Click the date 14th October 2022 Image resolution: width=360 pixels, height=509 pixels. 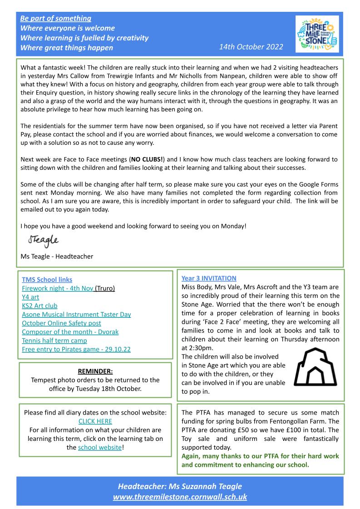[251, 47]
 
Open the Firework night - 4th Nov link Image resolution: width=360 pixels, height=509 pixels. [58, 288]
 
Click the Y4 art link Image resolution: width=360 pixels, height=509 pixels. [30, 297]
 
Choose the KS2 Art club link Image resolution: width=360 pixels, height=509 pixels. [39, 306]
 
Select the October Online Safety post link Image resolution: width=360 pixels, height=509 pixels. [61, 323]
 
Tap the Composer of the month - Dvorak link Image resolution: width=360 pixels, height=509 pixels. [70, 331]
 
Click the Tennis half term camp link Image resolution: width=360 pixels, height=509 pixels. [54, 340]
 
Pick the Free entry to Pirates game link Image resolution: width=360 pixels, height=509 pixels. [77, 349]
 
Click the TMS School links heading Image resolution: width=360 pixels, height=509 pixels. [47, 280]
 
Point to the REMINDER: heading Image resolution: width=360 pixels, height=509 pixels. [95, 371]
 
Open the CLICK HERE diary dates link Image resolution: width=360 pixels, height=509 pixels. [95, 421]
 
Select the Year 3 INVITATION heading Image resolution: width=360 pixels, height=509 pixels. [209, 278]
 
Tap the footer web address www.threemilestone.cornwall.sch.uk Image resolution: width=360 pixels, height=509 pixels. [180, 497]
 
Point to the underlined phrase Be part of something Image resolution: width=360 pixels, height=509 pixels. [56, 19]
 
